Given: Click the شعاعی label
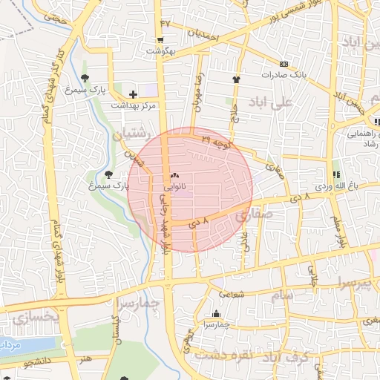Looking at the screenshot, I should pos(232,295).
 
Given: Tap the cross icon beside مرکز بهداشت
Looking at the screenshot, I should pos(133,94).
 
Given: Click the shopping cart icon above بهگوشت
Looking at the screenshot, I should pos(160,40).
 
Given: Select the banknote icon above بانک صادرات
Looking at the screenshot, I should pos(284,64).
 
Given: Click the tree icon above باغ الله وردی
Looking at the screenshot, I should pos(336,174).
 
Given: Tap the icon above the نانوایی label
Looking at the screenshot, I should pos(175,177).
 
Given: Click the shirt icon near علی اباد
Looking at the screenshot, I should pos(237,77).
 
